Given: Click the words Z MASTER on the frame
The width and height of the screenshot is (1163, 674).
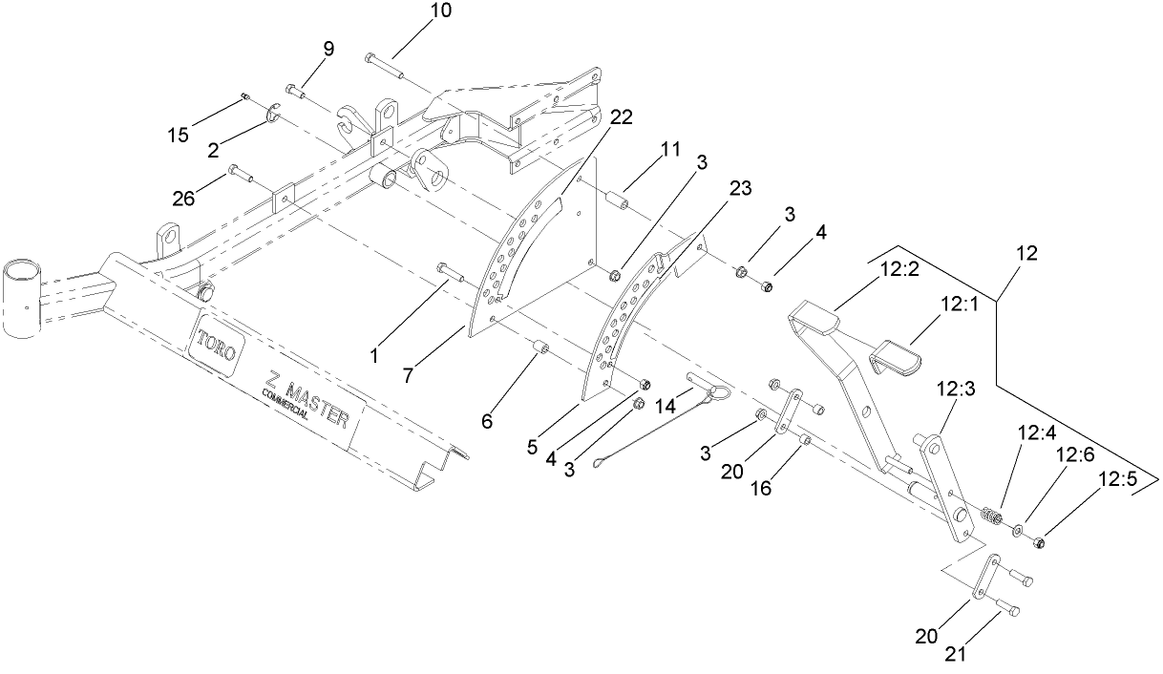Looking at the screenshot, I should [x=307, y=395].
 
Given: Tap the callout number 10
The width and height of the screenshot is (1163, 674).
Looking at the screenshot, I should [x=415, y=11].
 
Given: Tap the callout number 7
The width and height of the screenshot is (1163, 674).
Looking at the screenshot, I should [x=408, y=376].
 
